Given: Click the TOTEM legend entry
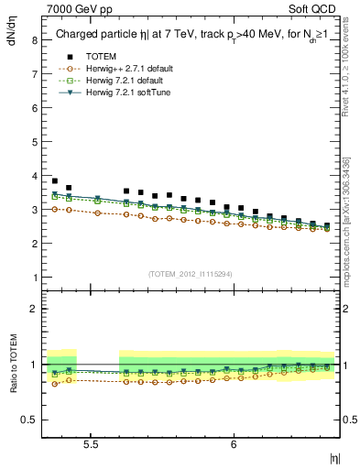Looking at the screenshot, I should click(x=101, y=57).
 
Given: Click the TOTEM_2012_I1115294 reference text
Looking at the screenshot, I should click(x=191, y=274).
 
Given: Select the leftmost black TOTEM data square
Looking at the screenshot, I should click(x=55, y=181).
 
